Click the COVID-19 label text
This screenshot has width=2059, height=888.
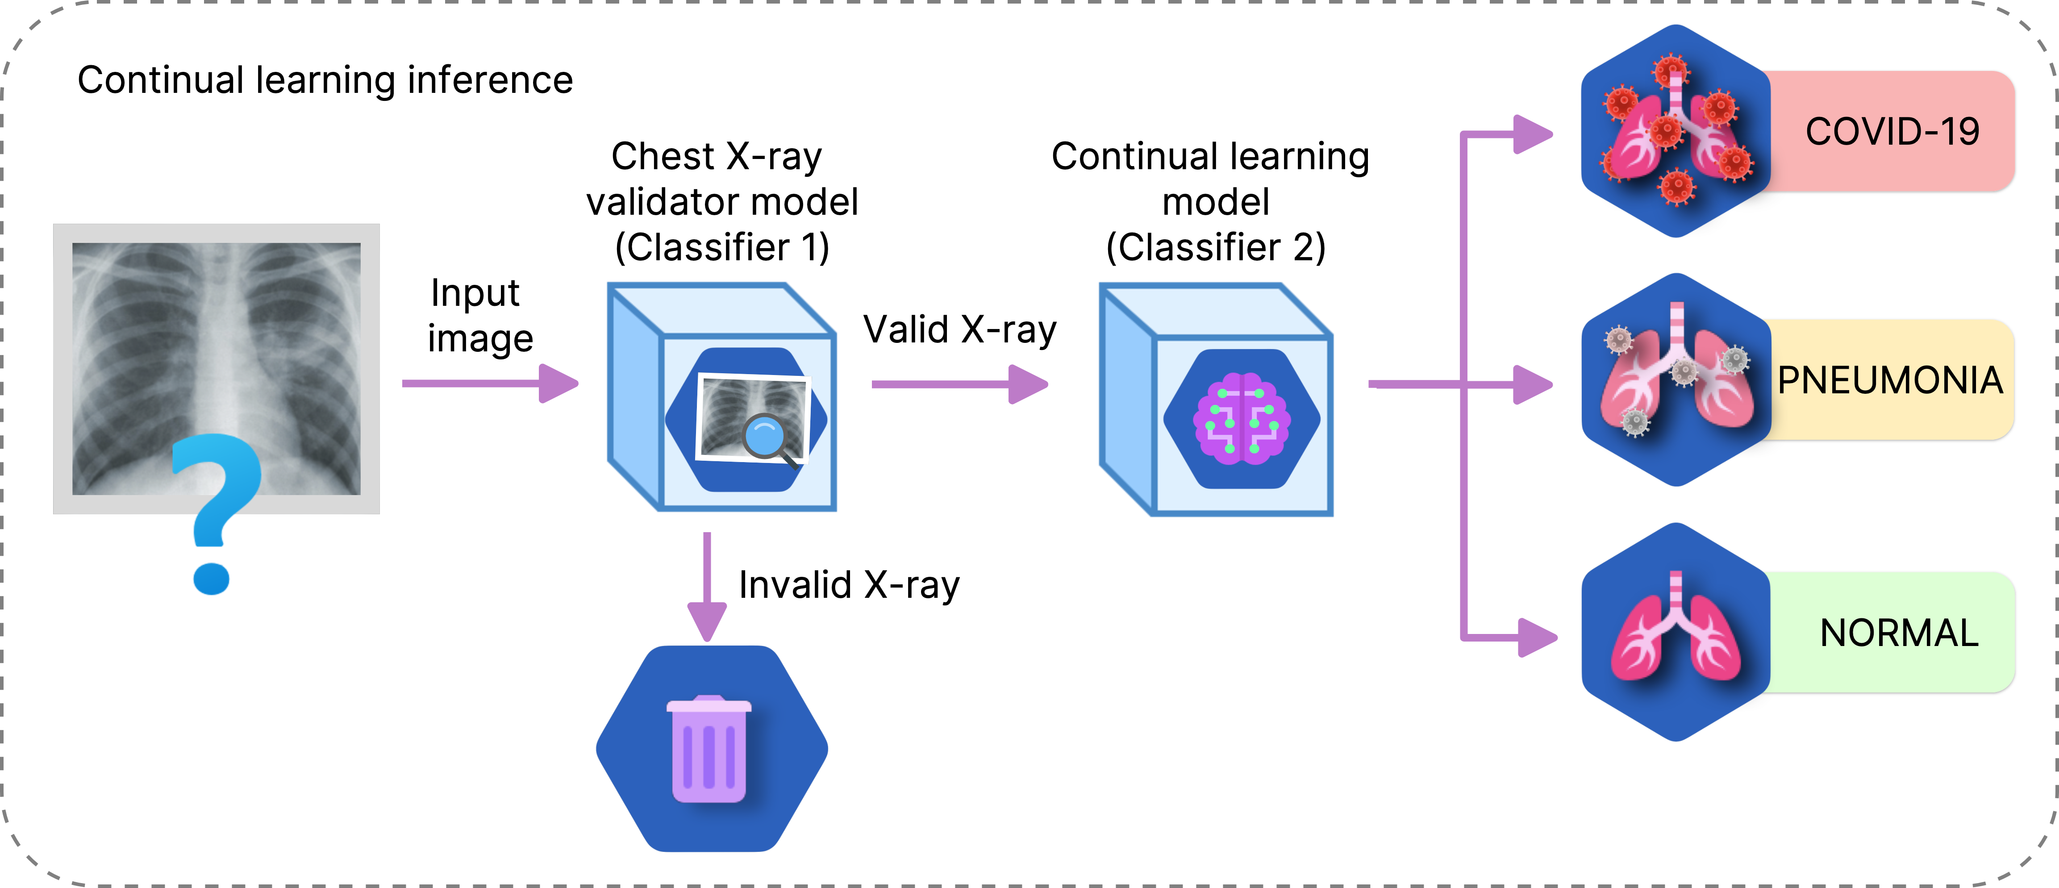point(1892,132)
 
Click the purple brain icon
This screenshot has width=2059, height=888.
point(1241,418)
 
